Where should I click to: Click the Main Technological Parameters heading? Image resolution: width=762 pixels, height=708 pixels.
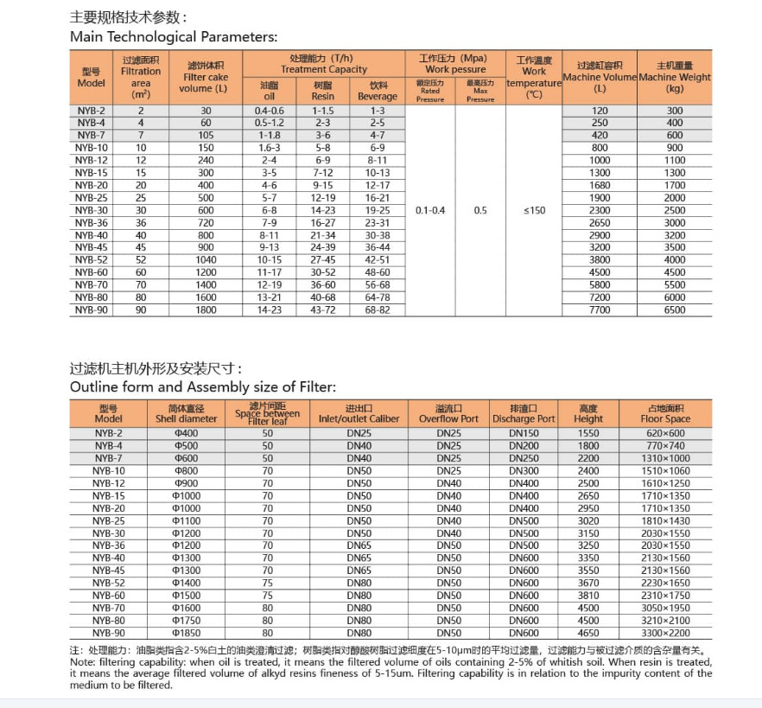[x=173, y=36]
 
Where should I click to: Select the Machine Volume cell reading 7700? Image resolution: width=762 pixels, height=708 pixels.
[x=599, y=309]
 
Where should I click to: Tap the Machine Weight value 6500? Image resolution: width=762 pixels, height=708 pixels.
[x=675, y=309]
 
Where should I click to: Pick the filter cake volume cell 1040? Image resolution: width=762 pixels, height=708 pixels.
[x=206, y=259]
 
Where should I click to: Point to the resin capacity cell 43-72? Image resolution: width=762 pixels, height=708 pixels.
[x=323, y=309]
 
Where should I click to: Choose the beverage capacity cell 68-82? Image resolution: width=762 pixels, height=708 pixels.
[x=378, y=309]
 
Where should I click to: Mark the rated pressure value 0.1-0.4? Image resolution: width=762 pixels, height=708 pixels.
[x=430, y=210]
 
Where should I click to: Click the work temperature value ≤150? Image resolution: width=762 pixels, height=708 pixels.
[x=534, y=210]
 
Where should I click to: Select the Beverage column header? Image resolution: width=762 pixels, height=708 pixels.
[x=378, y=96]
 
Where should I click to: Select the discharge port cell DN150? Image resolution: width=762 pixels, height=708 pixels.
[x=523, y=433]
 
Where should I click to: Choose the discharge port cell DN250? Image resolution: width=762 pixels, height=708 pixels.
[x=523, y=458]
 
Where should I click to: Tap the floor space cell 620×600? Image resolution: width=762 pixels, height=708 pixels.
[x=665, y=433]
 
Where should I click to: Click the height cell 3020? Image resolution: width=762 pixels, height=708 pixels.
[x=588, y=521]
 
